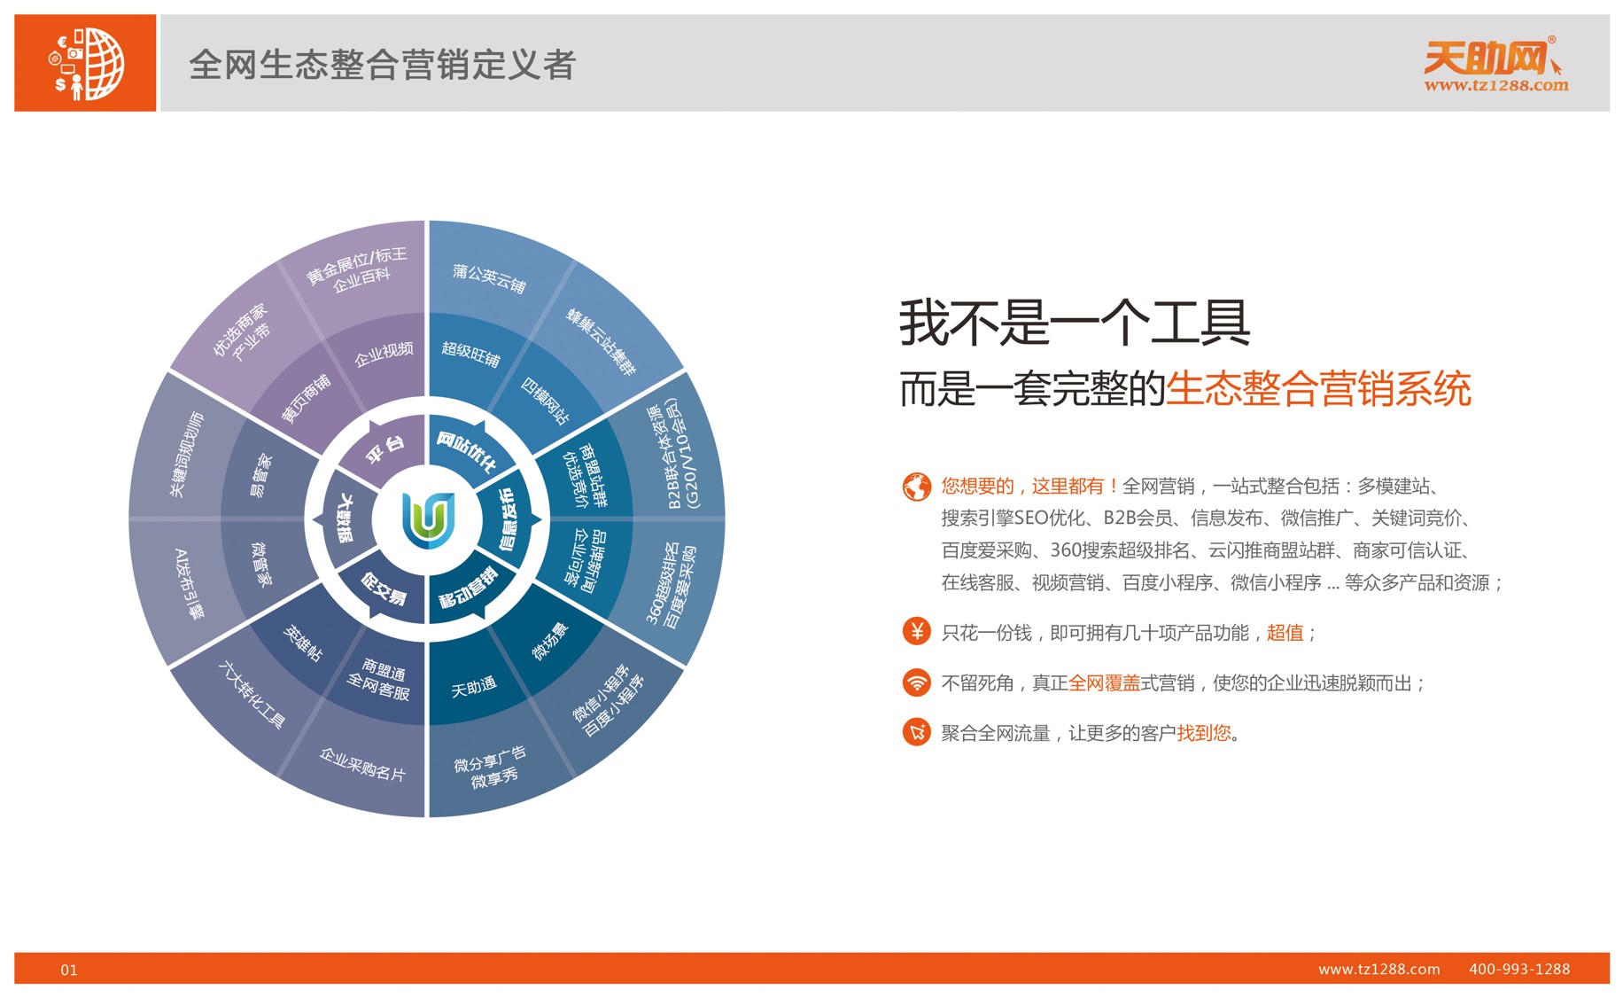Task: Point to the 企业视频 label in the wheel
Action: coord(384,354)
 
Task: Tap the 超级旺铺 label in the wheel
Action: coord(470,354)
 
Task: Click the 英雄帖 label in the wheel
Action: coord(302,643)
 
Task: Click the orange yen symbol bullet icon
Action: coord(916,631)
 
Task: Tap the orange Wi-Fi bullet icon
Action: coord(916,682)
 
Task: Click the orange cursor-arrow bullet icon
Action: coord(916,732)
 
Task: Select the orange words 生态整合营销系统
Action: coord(1318,388)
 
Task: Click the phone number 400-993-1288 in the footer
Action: coord(1519,969)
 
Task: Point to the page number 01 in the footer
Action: coord(69,970)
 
